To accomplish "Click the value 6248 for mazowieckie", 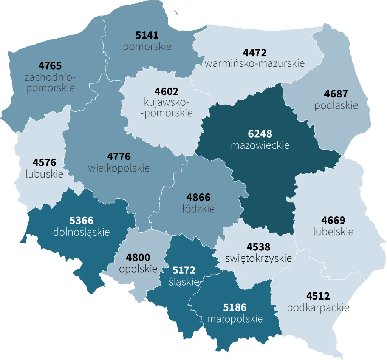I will pos(260,134).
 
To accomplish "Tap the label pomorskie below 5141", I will pos(147,47).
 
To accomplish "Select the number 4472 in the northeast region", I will pos(254,53).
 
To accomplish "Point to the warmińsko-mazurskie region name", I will pos(254,63).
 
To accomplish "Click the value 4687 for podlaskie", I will pos(336,94).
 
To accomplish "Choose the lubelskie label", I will pos(333,231).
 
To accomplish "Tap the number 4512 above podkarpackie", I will pos(318,296).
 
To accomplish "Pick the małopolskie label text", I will pos(235,319).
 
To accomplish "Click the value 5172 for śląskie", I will pos(184,270).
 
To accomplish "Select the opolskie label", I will pos(138,269).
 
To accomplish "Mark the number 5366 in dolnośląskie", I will pos(82,220).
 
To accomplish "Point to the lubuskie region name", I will pos(44,174).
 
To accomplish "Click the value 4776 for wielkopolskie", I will pos(119,156).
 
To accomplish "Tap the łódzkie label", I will pos(198,209).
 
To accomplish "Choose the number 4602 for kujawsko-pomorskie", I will pos(166,91).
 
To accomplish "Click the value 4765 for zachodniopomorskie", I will pos(50,66).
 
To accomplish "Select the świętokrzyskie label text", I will pos(258,258).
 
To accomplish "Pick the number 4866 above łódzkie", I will pos(198,197).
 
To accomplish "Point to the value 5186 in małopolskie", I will pos(235,307).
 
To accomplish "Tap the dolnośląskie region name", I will pos(82,232).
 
